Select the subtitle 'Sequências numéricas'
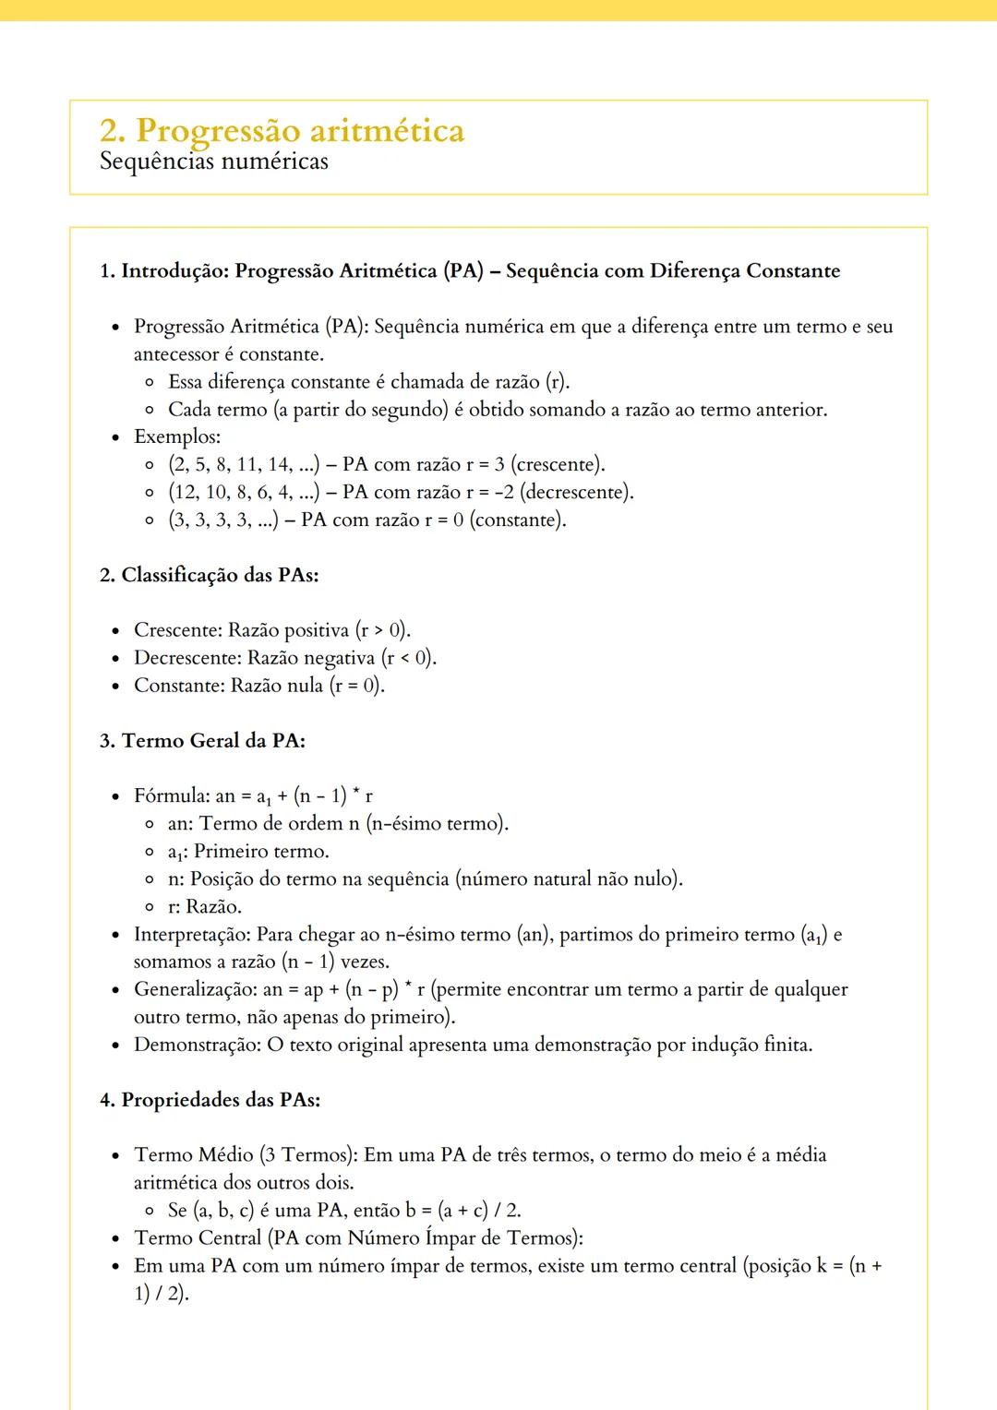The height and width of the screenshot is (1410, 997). tap(213, 161)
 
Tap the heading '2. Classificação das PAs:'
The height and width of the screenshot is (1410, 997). tap(209, 575)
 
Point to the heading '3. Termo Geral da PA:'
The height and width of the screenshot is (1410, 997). tap(202, 740)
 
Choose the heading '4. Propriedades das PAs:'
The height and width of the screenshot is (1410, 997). tap(210, 1100)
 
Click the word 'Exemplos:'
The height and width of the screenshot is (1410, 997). tap(177, 436)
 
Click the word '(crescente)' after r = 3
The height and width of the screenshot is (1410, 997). tap(558, 464)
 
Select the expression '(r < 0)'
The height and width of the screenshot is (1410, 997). tap(408, 658)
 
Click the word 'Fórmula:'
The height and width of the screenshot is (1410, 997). tap(172, 795)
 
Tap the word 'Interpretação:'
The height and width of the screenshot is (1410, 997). tap(193, 934)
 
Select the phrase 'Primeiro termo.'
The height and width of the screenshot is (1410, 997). tap(261, 851)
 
